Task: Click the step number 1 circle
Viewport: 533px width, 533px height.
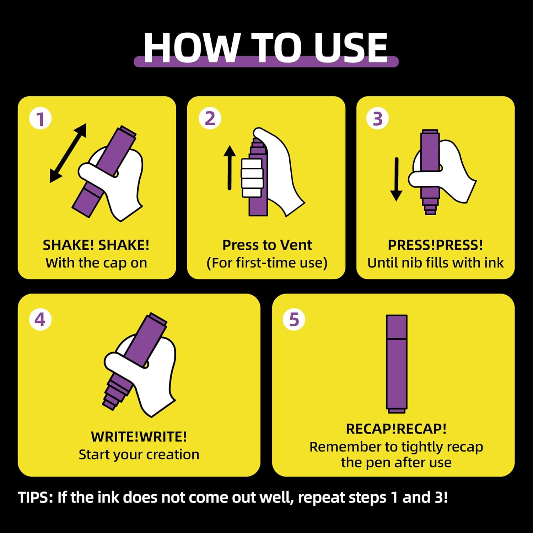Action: point(41,118)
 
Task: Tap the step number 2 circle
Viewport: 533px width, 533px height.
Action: point(210,118)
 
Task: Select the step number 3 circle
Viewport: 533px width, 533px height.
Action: point(377,118)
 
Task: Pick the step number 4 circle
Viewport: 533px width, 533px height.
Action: point(41,319)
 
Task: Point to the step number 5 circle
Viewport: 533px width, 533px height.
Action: point(294,319)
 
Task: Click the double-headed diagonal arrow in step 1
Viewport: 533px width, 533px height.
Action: point(68,153)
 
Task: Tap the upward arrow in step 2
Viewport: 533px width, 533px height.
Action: point(230,167)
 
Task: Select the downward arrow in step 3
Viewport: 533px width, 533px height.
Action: point(396,179)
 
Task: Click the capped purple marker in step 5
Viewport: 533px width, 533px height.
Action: point(397,364)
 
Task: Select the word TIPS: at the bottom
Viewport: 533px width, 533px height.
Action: point(36,497)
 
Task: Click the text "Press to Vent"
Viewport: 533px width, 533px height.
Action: point(267,245)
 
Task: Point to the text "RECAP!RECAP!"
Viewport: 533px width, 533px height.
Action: point(396,429)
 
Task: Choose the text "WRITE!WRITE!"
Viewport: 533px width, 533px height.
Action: point(139,437)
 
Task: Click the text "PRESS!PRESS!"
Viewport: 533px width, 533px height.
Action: point(435,245)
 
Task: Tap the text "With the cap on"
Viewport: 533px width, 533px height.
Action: point(96,263)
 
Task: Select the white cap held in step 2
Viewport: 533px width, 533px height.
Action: point(252,178)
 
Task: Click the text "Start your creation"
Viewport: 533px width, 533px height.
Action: point(139,454)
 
